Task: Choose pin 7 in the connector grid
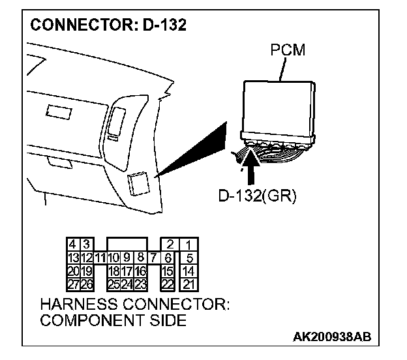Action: click(x=152, y=258)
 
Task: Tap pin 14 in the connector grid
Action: click(x=188, y=271)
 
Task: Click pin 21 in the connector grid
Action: click(x=188, y=284)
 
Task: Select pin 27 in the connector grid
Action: click(x=73, y=284)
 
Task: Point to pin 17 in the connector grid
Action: click(x=127, y=271)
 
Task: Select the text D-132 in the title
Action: click(x=164, y=26)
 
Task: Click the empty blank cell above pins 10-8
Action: click(x=127, y=245)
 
